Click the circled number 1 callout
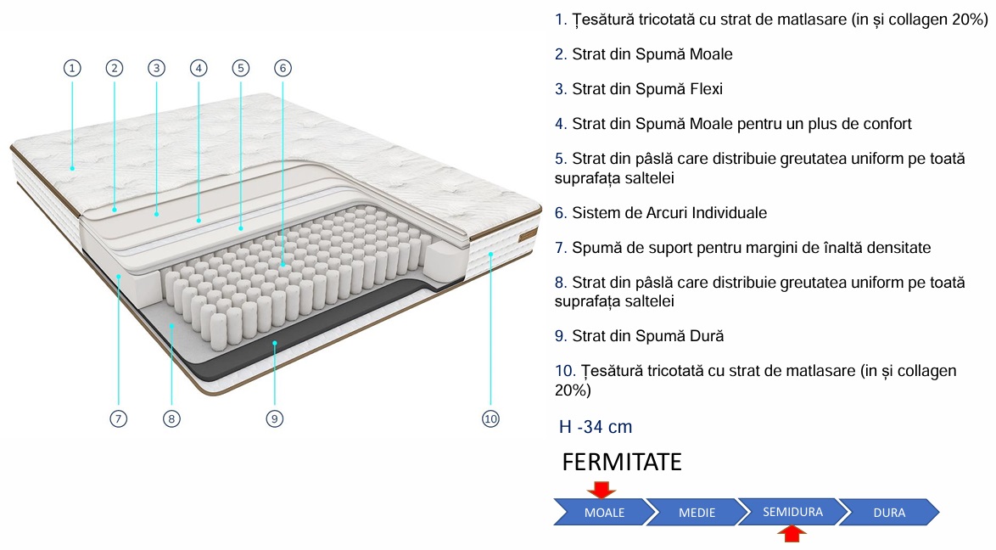tap(72, 68)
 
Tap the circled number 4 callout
tap(199, 68)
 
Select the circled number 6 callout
tap(283, 68)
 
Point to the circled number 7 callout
tap(118, 418)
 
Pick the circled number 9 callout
tap(274, 418)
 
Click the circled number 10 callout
tap(490, 418)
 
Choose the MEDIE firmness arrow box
tap(697, 513)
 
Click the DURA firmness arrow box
tap(889, 513)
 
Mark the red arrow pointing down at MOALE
tap(601, 490)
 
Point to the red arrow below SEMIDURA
tap(792, 534)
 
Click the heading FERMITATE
tap(622, 463)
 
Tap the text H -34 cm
tap(596, 427)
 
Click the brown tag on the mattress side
tap(528, 236)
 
